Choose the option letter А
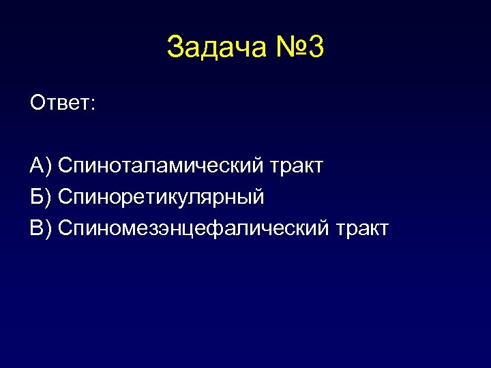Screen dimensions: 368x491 click(x=37, y=165)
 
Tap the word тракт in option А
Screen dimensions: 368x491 click(x=297, y=166)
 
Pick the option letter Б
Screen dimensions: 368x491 click(x=37, y=197)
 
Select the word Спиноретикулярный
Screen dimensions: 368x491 click(x=161, y=198)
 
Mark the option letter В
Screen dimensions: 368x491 click(x=37, y=228)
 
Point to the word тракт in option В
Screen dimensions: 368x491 click(x=362, y=228)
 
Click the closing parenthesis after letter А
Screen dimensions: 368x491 click(x=48, y=166)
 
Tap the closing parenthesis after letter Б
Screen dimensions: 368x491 click(x=48, y=198)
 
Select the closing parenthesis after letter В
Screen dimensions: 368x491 click(x=48, y=228)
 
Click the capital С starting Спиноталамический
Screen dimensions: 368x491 click(x=66, y=165)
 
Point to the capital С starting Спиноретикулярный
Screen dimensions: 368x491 click(x=66, y=197)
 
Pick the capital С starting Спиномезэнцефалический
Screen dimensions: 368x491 click(x=66, y=228)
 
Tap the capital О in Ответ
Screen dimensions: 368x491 click(x=38, y=104)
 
